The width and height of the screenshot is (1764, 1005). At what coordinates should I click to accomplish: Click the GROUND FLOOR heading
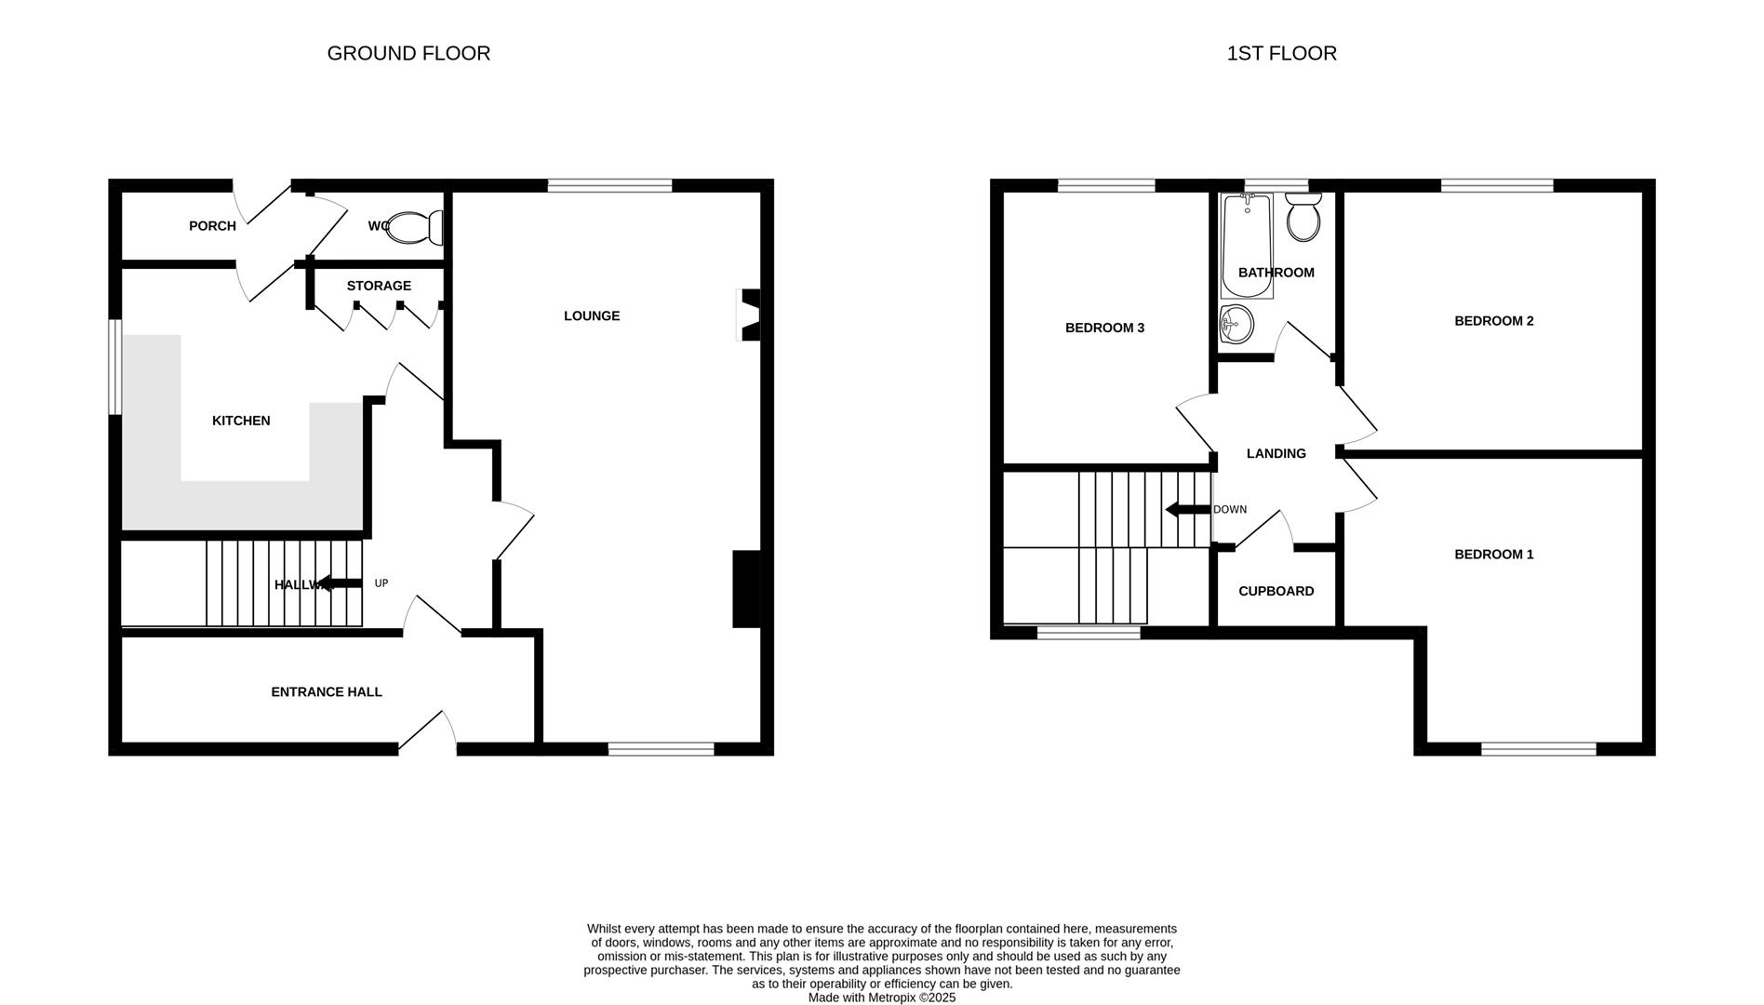point(408,53)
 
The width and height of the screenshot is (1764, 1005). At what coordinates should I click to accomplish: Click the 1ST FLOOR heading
point(1281,53)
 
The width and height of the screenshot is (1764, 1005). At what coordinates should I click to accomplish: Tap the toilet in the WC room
point(413,227)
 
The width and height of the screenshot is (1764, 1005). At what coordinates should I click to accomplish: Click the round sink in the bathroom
point(1236,325)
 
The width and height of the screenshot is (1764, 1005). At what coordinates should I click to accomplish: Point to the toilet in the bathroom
point(1303,219)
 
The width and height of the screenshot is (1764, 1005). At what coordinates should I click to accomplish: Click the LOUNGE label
point(591,315)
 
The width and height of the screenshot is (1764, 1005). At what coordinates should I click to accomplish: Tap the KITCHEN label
point(241,421)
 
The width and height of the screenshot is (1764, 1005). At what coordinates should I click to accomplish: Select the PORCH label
point(212,226)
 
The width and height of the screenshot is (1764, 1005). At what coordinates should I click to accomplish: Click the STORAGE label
point(379,286)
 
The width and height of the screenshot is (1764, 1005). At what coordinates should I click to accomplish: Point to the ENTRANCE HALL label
point(327,691)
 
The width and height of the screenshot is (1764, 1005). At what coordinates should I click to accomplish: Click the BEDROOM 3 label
point(1104,328)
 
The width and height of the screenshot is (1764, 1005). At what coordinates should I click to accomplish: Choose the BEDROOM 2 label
point(1493,321)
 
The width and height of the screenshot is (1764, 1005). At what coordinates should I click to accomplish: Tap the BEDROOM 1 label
point(1493,555)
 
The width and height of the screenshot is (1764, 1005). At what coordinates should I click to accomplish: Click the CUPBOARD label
point(1276,591)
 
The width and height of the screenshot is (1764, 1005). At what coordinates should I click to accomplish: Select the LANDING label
point(1276,453)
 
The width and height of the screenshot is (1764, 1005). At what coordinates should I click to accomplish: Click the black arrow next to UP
point(340,583)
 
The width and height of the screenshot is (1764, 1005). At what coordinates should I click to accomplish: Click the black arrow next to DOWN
point(1186,509)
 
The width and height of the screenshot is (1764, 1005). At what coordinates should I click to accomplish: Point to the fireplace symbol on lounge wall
point(748,315)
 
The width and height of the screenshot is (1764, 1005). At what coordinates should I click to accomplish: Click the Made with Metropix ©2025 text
point(881,998)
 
